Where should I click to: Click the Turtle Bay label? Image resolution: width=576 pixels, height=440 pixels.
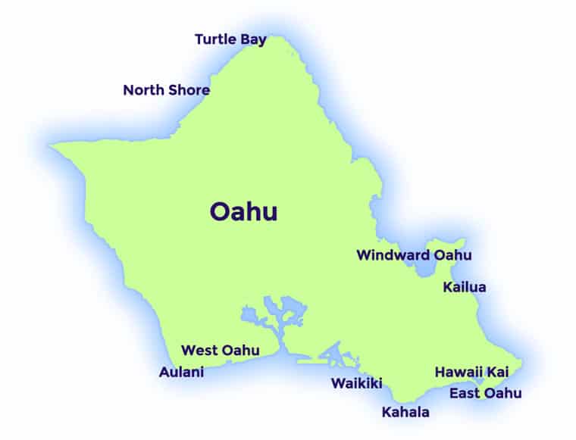pos(230,39)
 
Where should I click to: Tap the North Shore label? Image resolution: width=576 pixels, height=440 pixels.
pos(166,90)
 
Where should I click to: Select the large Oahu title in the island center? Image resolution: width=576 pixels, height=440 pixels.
pos(243,212)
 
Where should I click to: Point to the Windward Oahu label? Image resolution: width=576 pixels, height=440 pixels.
pos(414,255)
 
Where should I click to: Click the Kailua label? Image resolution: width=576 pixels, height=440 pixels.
pos(465,288)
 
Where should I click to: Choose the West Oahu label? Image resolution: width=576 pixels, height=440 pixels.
pos(220,351)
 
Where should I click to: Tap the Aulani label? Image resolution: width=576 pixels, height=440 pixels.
pos(181,373)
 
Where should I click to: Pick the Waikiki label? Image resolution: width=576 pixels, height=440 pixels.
pos(356,383)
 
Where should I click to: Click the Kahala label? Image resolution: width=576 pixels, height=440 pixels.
pos(405,413)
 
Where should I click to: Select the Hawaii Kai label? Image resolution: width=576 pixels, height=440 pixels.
pos(471,373)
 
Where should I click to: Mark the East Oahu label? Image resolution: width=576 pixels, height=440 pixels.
pos(485,394)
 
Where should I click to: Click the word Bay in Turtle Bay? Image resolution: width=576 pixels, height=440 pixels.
pos(254,39)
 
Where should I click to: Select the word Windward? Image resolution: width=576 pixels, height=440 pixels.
pos(393,255)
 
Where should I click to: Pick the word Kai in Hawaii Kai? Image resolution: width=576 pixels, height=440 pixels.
pos(497,373)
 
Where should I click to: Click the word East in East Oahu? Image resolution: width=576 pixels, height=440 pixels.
pos(464,394)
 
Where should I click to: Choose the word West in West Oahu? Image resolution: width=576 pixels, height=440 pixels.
pos(199,351)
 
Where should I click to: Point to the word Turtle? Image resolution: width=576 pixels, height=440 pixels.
pos(215,39)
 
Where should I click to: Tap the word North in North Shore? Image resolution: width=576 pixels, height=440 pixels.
pos(142,90)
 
